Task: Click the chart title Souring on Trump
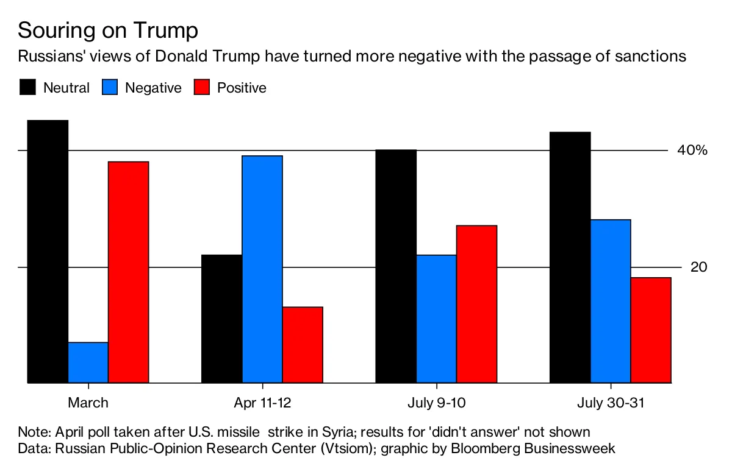108,30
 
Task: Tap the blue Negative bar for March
88,363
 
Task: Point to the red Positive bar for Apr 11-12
303,345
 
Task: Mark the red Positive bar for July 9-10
476,304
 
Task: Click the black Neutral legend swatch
28,87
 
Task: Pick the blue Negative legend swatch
110,87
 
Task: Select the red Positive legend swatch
202,87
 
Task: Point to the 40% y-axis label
692,150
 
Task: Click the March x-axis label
88,403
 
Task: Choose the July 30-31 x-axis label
611,403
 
